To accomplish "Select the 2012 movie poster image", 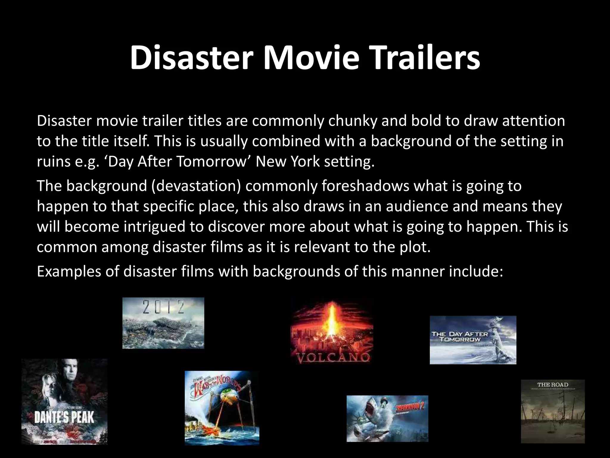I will [x=163, y=323].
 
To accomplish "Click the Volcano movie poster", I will [x=332, y=332].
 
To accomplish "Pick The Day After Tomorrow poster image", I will [x=473, y=340].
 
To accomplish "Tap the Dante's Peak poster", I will [x=64, y=401].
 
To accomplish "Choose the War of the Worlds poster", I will [x=222, y=408].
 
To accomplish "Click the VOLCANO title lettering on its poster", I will [x=332, y=357].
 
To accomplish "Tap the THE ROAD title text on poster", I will [x=553, y=385].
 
